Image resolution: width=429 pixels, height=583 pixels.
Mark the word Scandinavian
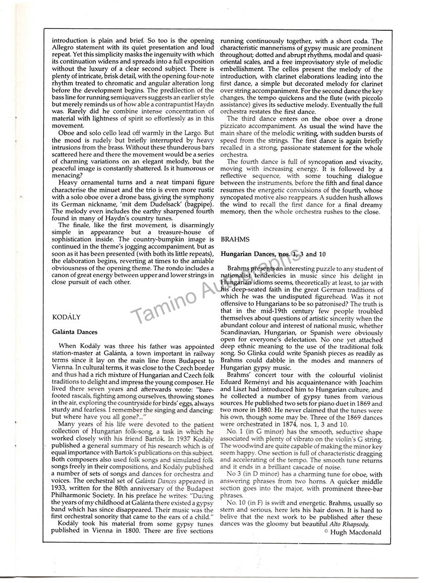[244, 333]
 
